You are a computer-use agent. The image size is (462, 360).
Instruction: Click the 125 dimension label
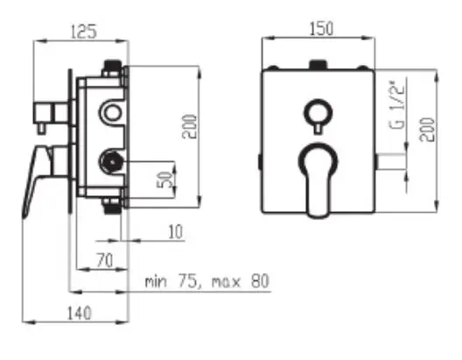pyautogui.click(x=84, y=32)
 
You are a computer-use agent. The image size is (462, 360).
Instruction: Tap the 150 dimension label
pyautogui.click(x=321, y=28)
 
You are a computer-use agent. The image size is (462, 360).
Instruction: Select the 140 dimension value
pyautogui.click(x=80, y=313)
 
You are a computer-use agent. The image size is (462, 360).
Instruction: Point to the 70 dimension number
pyautogui.click(x=105, y=261)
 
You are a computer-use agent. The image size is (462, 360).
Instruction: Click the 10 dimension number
pyautogui.click(x=176, y=231)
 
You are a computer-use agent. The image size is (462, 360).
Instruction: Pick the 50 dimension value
pyautogui.click(x=164, y=180)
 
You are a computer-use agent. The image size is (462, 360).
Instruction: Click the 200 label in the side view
pyautogui.click(x=189, y=127)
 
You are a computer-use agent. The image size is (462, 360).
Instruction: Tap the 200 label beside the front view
pyautogui.click(x=427, y=130)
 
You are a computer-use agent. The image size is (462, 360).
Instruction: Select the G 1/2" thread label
pyautogui.click(x=396, y=105)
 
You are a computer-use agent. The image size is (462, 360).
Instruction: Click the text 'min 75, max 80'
pyautogui.click(x=207, y=281)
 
